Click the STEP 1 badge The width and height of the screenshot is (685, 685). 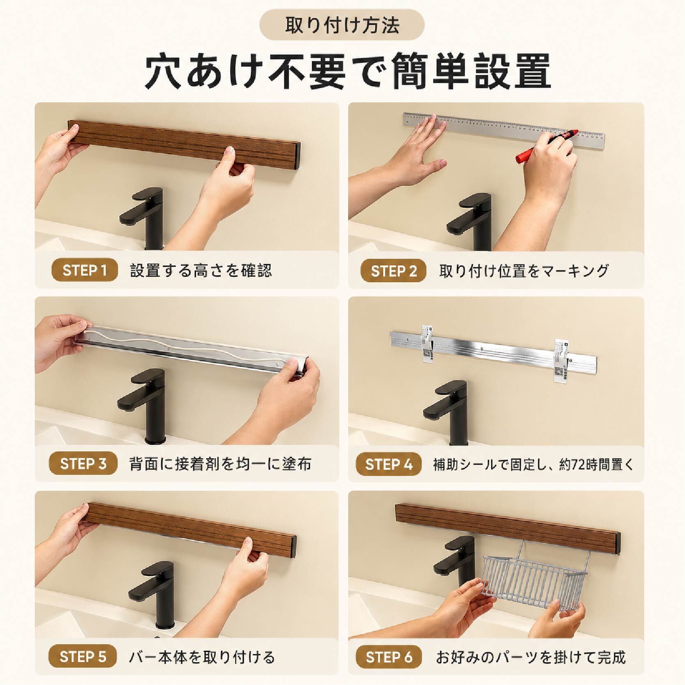tap(85, 270)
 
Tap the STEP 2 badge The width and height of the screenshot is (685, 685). tap(393, 271)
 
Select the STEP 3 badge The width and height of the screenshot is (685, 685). tap(83, 464)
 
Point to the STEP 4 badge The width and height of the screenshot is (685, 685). tap(388, 464)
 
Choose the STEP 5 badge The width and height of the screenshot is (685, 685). tap(83, 657)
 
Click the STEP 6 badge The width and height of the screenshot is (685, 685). tap(388, 657)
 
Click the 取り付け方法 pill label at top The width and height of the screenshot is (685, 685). tap(342, 25)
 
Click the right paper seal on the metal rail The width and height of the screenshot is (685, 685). tap(561, 361)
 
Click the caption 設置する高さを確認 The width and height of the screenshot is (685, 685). tap(201, 271)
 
